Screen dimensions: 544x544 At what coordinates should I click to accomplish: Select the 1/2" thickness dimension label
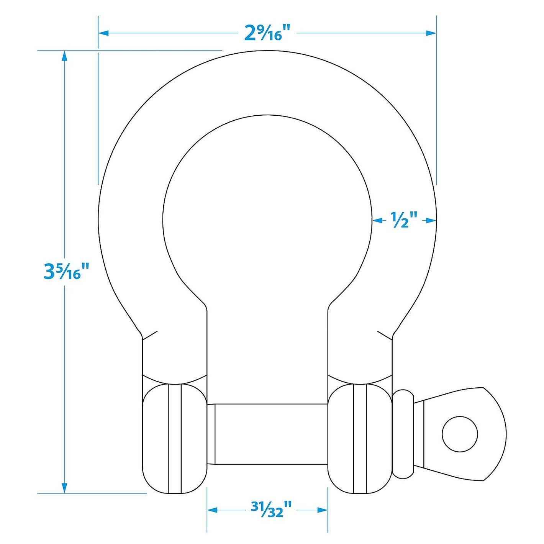coord(404,220)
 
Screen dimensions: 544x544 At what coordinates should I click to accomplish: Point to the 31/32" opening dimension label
coord(271,510)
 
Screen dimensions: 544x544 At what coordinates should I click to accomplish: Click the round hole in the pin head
coord(460,434)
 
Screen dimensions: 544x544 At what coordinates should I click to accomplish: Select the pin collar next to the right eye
coord(403,434)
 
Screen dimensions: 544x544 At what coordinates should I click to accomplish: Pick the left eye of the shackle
coord(174,439)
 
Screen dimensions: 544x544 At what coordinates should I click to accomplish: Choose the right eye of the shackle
coord(360,439)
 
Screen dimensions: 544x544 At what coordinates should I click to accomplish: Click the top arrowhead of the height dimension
coord(64,56)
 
